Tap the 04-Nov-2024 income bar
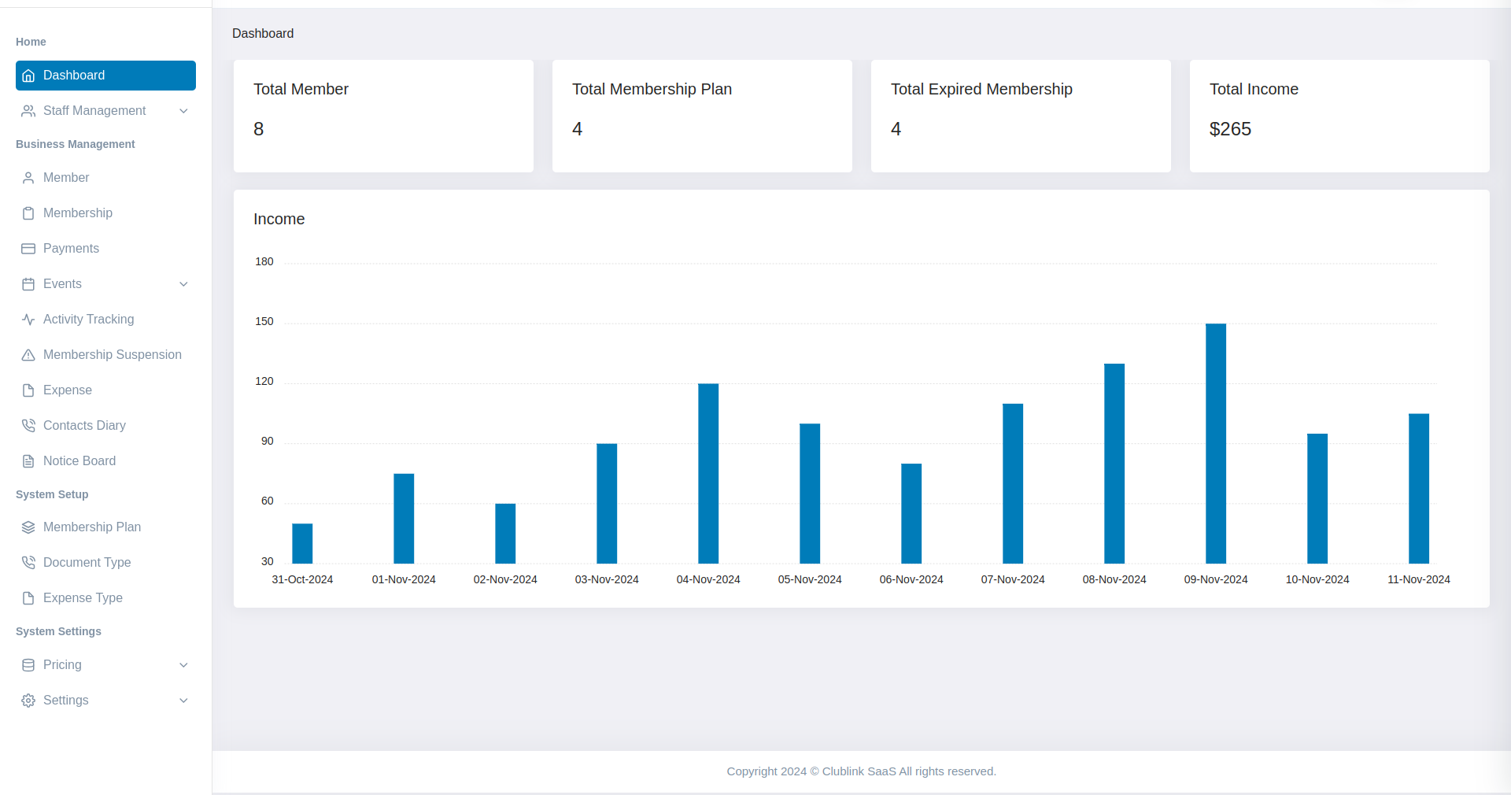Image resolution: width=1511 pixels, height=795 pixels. (x=708, y=473)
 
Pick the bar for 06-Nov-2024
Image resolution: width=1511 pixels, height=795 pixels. (x=911, y=513)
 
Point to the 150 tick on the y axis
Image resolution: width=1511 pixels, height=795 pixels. (x=264, y=321)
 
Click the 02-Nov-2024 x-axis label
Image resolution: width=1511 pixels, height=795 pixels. (x=505, y=579)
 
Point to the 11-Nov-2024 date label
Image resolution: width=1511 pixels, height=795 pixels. (x=1418, y=579)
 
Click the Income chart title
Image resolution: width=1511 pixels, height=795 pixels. (x=279, y=219)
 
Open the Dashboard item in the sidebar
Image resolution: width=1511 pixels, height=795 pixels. (x=105, y=76)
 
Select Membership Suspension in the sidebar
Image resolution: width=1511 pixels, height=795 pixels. (x=112, y=355)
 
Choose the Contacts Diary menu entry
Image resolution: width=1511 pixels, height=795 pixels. (x=84, y=426)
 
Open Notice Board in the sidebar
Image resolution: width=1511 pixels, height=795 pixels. (x=79, y=461)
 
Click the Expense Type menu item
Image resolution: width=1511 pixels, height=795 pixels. (x=83, y=598)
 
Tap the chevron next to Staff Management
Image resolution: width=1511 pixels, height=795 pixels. (x=183, y=111)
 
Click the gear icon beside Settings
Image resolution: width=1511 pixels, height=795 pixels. (x=28, y=701)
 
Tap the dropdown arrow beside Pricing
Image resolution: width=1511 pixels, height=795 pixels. (x=183, y=665)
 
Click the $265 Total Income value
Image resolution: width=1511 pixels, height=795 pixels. (x=1230, y=129)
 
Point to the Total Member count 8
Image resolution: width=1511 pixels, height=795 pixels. (x=258, y=129)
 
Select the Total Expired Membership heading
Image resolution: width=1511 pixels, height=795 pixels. (x=981, y=89)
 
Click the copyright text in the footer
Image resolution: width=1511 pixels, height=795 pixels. (x=861, y=771)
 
